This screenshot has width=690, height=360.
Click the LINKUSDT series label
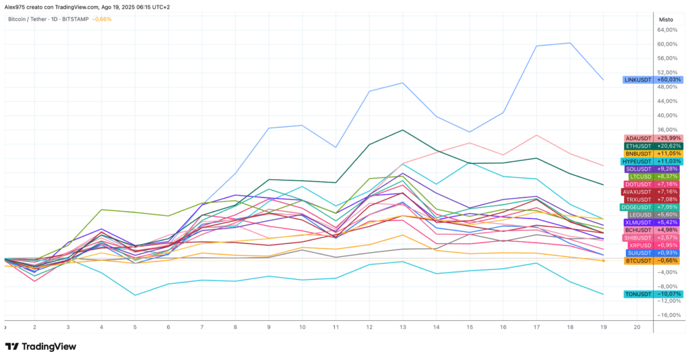(x=638, y=80)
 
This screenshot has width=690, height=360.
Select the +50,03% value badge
(x=669, y=80)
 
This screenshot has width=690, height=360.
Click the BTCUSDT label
(x=639, y=261)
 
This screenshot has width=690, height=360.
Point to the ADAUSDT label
(x=639, y=139)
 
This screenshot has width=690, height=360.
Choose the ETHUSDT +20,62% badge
(x=654, y=146)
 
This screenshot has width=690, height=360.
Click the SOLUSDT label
(x=639, y=169)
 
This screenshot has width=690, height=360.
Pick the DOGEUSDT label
(x=636, y=207)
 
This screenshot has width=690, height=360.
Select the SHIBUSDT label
(x=637, y=238)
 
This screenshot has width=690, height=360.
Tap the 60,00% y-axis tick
(x=668, y=44)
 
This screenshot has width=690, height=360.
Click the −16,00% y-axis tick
(x=668, y=316)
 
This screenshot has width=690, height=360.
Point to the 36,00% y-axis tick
(x=668, y=130)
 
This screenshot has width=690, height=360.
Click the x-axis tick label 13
(x=403, y=328)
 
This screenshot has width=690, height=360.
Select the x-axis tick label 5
(x=135, y=328)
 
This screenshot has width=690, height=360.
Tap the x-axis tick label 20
(x=637, y=328)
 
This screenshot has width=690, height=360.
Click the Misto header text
(x=666, y=20)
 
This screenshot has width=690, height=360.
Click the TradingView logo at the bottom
(x=40, y=347)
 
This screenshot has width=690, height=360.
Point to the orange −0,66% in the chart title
(x=102, y=20)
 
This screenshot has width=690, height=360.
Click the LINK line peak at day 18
(x=570, y=43)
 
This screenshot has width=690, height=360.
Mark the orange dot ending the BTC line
(x=603, y=261)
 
